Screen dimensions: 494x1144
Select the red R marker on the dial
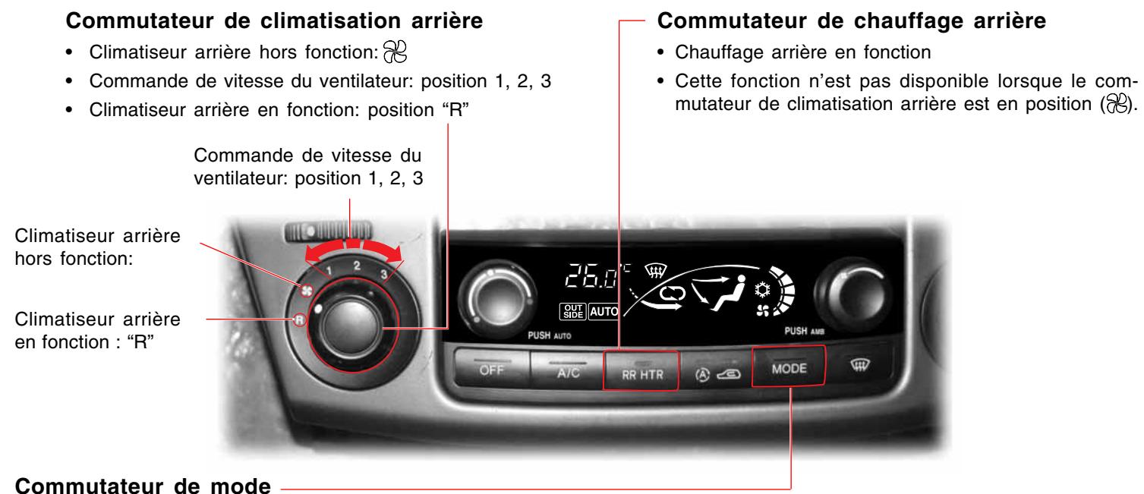(301, 321)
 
